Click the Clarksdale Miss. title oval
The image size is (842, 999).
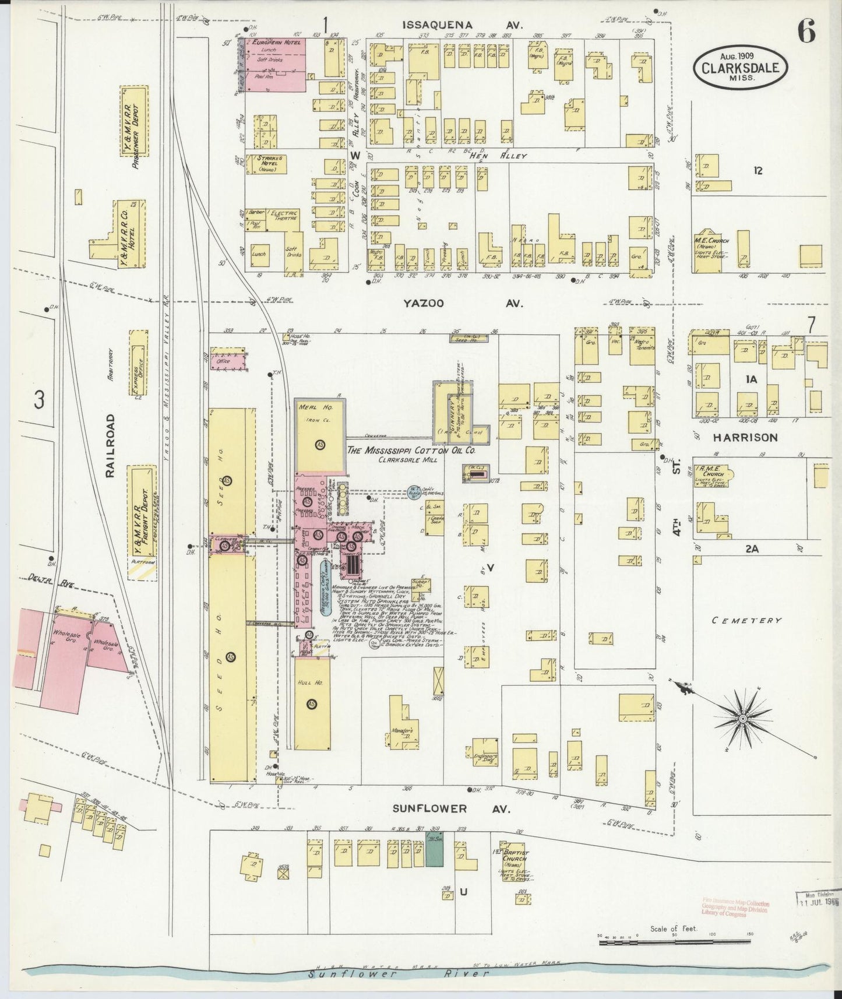point(741,67)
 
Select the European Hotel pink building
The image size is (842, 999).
point(274,64)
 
